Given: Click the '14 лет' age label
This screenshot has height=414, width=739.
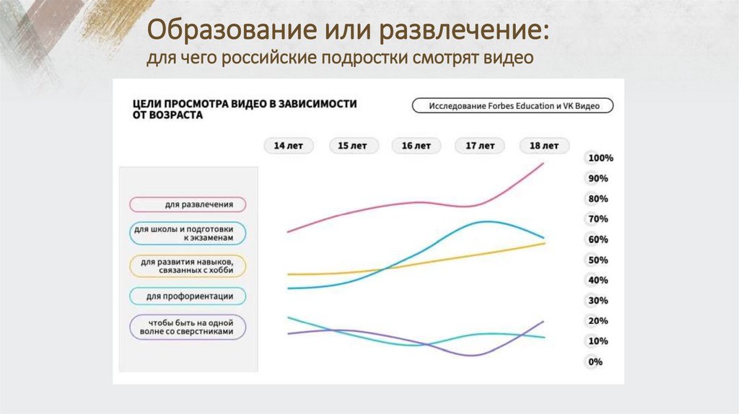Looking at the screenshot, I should [x=288, y=145].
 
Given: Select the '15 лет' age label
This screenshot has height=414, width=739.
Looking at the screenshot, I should [x=352, y=145].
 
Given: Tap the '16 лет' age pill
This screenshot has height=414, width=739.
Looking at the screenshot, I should [x=416, y=145].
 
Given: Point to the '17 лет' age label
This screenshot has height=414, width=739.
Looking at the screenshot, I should [x=480, y=145].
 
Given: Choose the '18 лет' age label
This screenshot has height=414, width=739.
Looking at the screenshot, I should [x=544, y=145].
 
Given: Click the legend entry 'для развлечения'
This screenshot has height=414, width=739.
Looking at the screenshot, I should [x=188, y=204].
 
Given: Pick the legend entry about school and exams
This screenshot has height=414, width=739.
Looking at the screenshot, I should [x=188, y=232].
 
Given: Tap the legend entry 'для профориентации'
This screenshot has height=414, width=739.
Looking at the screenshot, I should [x=188, y=296].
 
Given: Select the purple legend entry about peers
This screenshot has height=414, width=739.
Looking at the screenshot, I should [x=188, y=327].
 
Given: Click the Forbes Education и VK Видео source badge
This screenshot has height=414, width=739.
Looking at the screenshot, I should [x=512, y=105].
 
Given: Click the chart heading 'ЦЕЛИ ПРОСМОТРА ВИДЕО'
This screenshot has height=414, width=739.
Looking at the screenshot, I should [x=244, y=104].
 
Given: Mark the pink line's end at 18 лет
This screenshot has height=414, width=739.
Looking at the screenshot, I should [x=543, y=163].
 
